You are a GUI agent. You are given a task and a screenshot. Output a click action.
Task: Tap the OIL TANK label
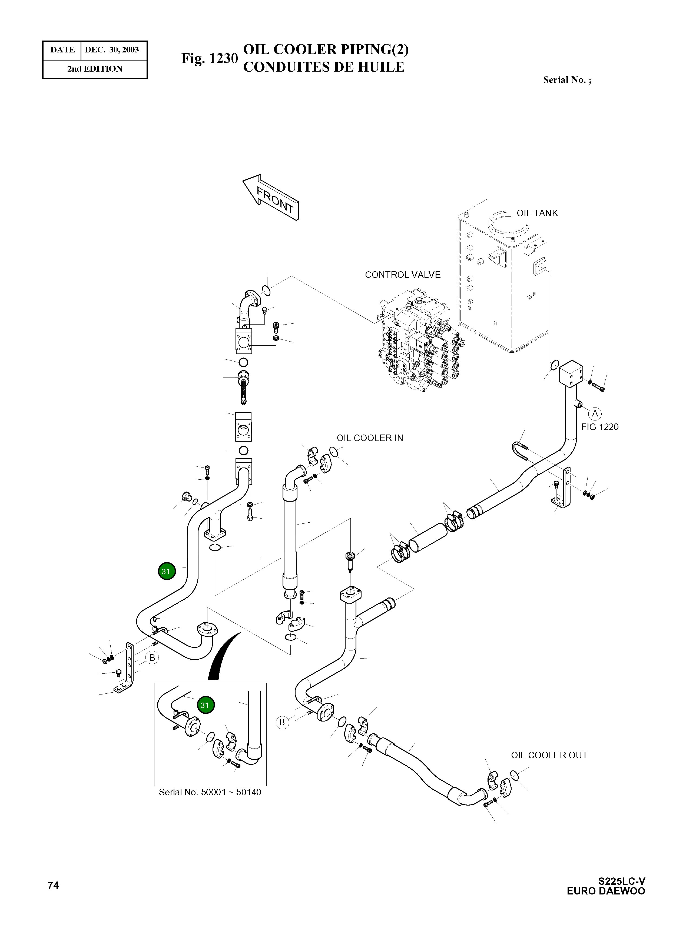tap(537, 213)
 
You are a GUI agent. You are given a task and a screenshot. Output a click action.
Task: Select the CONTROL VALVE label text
tap(402, 275)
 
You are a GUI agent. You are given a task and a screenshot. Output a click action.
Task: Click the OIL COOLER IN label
tap(370, 438)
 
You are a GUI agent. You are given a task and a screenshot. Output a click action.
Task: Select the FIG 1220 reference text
tap(600, 427)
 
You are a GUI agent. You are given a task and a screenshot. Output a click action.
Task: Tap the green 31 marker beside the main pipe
tap(166, 572)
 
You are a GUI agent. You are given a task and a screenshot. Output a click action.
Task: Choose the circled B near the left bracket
tap(152, 657)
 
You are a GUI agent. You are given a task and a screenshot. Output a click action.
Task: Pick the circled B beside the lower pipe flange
tap(282, 722)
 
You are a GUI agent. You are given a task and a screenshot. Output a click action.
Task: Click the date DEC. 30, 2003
tap(112, 50)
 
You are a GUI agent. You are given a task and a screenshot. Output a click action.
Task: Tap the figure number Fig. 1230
tap(209, 59)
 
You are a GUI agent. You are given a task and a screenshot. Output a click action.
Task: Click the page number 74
tap(53, 886)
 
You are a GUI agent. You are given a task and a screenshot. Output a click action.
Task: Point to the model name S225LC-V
tap(622, 881)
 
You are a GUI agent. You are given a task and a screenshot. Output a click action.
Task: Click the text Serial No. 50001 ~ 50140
tap(210, 792)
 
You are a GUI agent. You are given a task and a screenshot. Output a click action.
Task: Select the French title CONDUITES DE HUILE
tap(323, 67)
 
